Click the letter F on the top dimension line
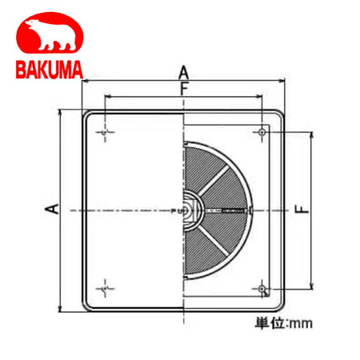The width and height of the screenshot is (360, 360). click(185, 90)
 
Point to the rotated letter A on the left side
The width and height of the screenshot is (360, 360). click(50, 210)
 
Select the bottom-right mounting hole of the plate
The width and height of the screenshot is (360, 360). click(262, 288)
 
